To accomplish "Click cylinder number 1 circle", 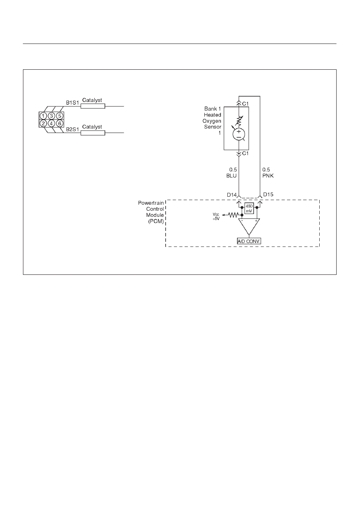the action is (x=44, y=116).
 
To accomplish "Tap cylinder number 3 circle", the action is (x=52, y=116).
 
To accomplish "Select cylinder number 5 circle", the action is (x=60, y=116).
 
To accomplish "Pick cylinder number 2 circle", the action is (x=44, y=123).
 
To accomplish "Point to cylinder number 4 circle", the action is (x=52, y=123).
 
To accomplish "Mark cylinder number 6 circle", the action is (x=60, y=123).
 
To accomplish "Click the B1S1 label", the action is (x=72, y=103).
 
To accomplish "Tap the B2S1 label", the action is (x=72, y=129).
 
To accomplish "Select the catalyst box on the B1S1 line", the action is (x=93, y=106).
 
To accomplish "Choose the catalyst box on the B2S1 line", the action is (x=93, y=133).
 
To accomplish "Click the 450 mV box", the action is (x=249, y=208).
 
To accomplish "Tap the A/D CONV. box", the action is (x=249, y=241).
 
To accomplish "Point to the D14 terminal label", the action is (x=231, y=195).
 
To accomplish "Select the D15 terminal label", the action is (x=268, y=195).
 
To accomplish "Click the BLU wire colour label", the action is (x=231, y=176).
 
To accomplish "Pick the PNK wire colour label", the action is (x=268, y=176).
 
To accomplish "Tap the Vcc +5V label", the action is (x=216, y=216).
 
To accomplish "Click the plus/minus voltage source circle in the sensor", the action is (x=239, y=135).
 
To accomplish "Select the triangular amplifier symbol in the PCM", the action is (x=249, y=227).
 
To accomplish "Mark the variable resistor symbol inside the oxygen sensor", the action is (x=239, y=121).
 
